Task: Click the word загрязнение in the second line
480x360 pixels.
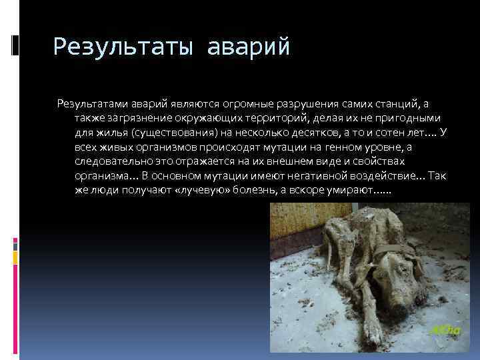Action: (137, 118)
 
